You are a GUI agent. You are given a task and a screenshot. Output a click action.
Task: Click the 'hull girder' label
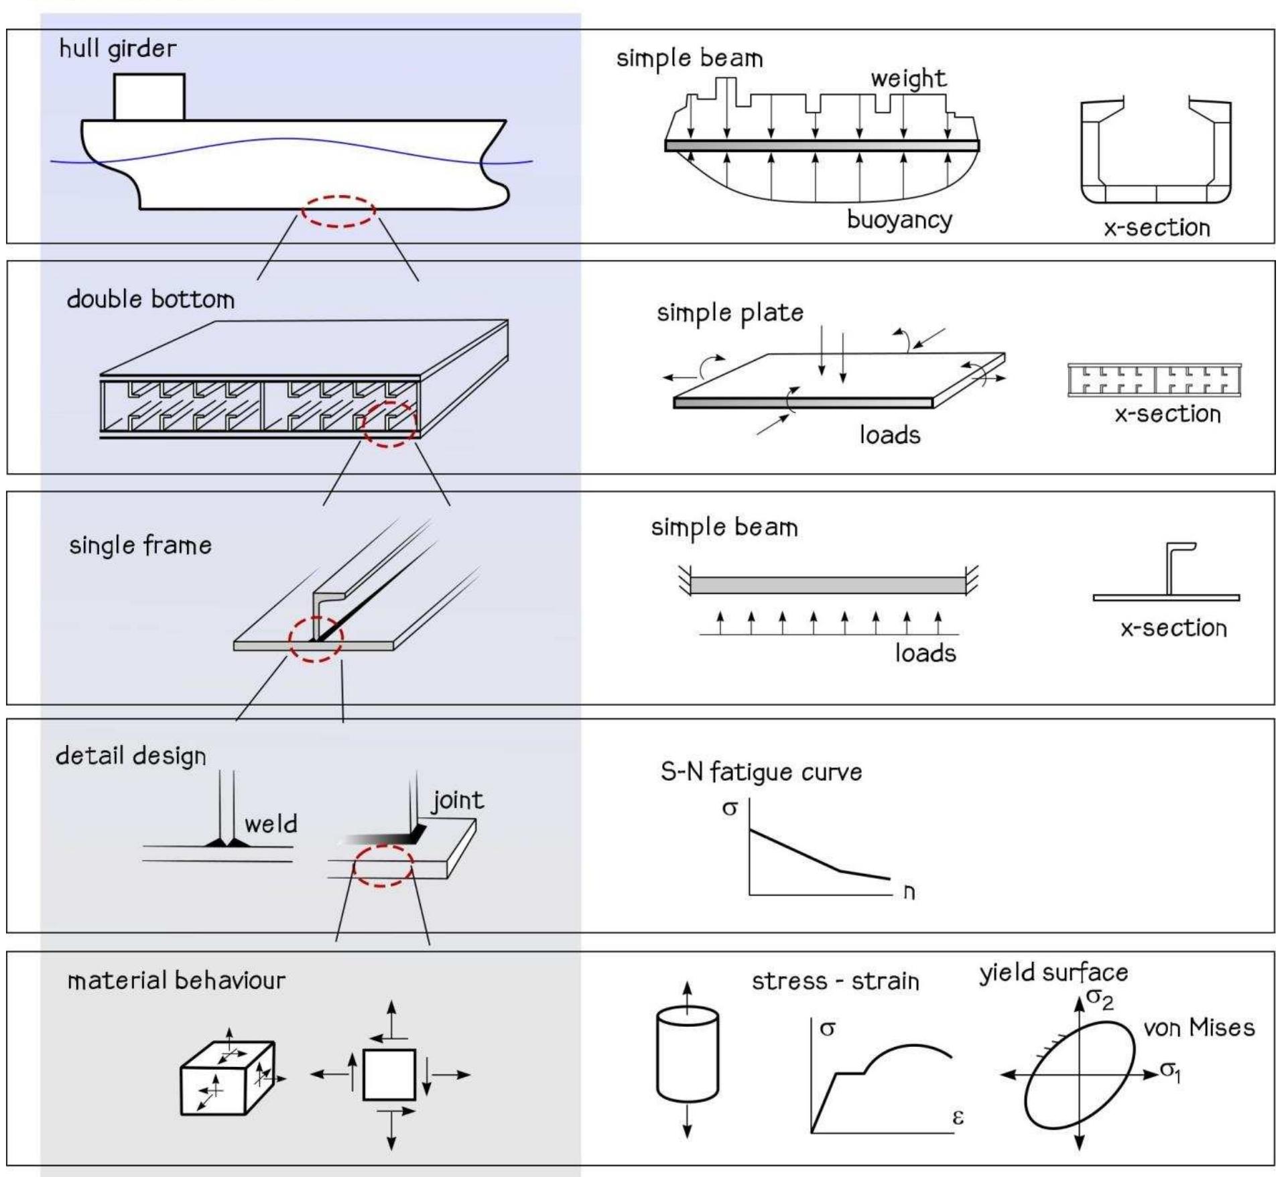point(117,48)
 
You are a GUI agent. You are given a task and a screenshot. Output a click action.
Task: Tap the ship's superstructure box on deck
point(149,97)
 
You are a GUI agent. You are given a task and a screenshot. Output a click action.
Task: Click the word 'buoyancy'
point(899,220)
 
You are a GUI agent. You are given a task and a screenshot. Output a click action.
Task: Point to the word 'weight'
point(908,79)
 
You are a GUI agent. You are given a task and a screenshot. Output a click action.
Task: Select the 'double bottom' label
point(151,299)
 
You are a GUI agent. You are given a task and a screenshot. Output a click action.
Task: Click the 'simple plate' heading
point(730,313)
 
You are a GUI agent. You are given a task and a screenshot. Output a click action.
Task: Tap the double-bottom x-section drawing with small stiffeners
point(1154,380)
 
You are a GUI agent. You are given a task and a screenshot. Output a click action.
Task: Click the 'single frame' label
point(140,545)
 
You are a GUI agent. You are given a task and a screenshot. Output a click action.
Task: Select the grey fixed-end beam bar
point(828,585)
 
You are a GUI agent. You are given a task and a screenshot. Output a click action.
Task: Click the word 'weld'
point(271,824)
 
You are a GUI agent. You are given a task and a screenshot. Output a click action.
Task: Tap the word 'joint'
point(458,800)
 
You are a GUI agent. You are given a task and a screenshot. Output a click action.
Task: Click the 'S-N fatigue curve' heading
point(761,772)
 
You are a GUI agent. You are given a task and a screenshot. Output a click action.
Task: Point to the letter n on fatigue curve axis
point(909,892)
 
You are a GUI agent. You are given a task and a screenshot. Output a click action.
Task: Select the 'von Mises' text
point(1198,1028)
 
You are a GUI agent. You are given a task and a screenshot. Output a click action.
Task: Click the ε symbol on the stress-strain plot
point(958,1117)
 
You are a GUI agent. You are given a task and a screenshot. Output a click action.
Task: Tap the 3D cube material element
point(227,1078)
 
